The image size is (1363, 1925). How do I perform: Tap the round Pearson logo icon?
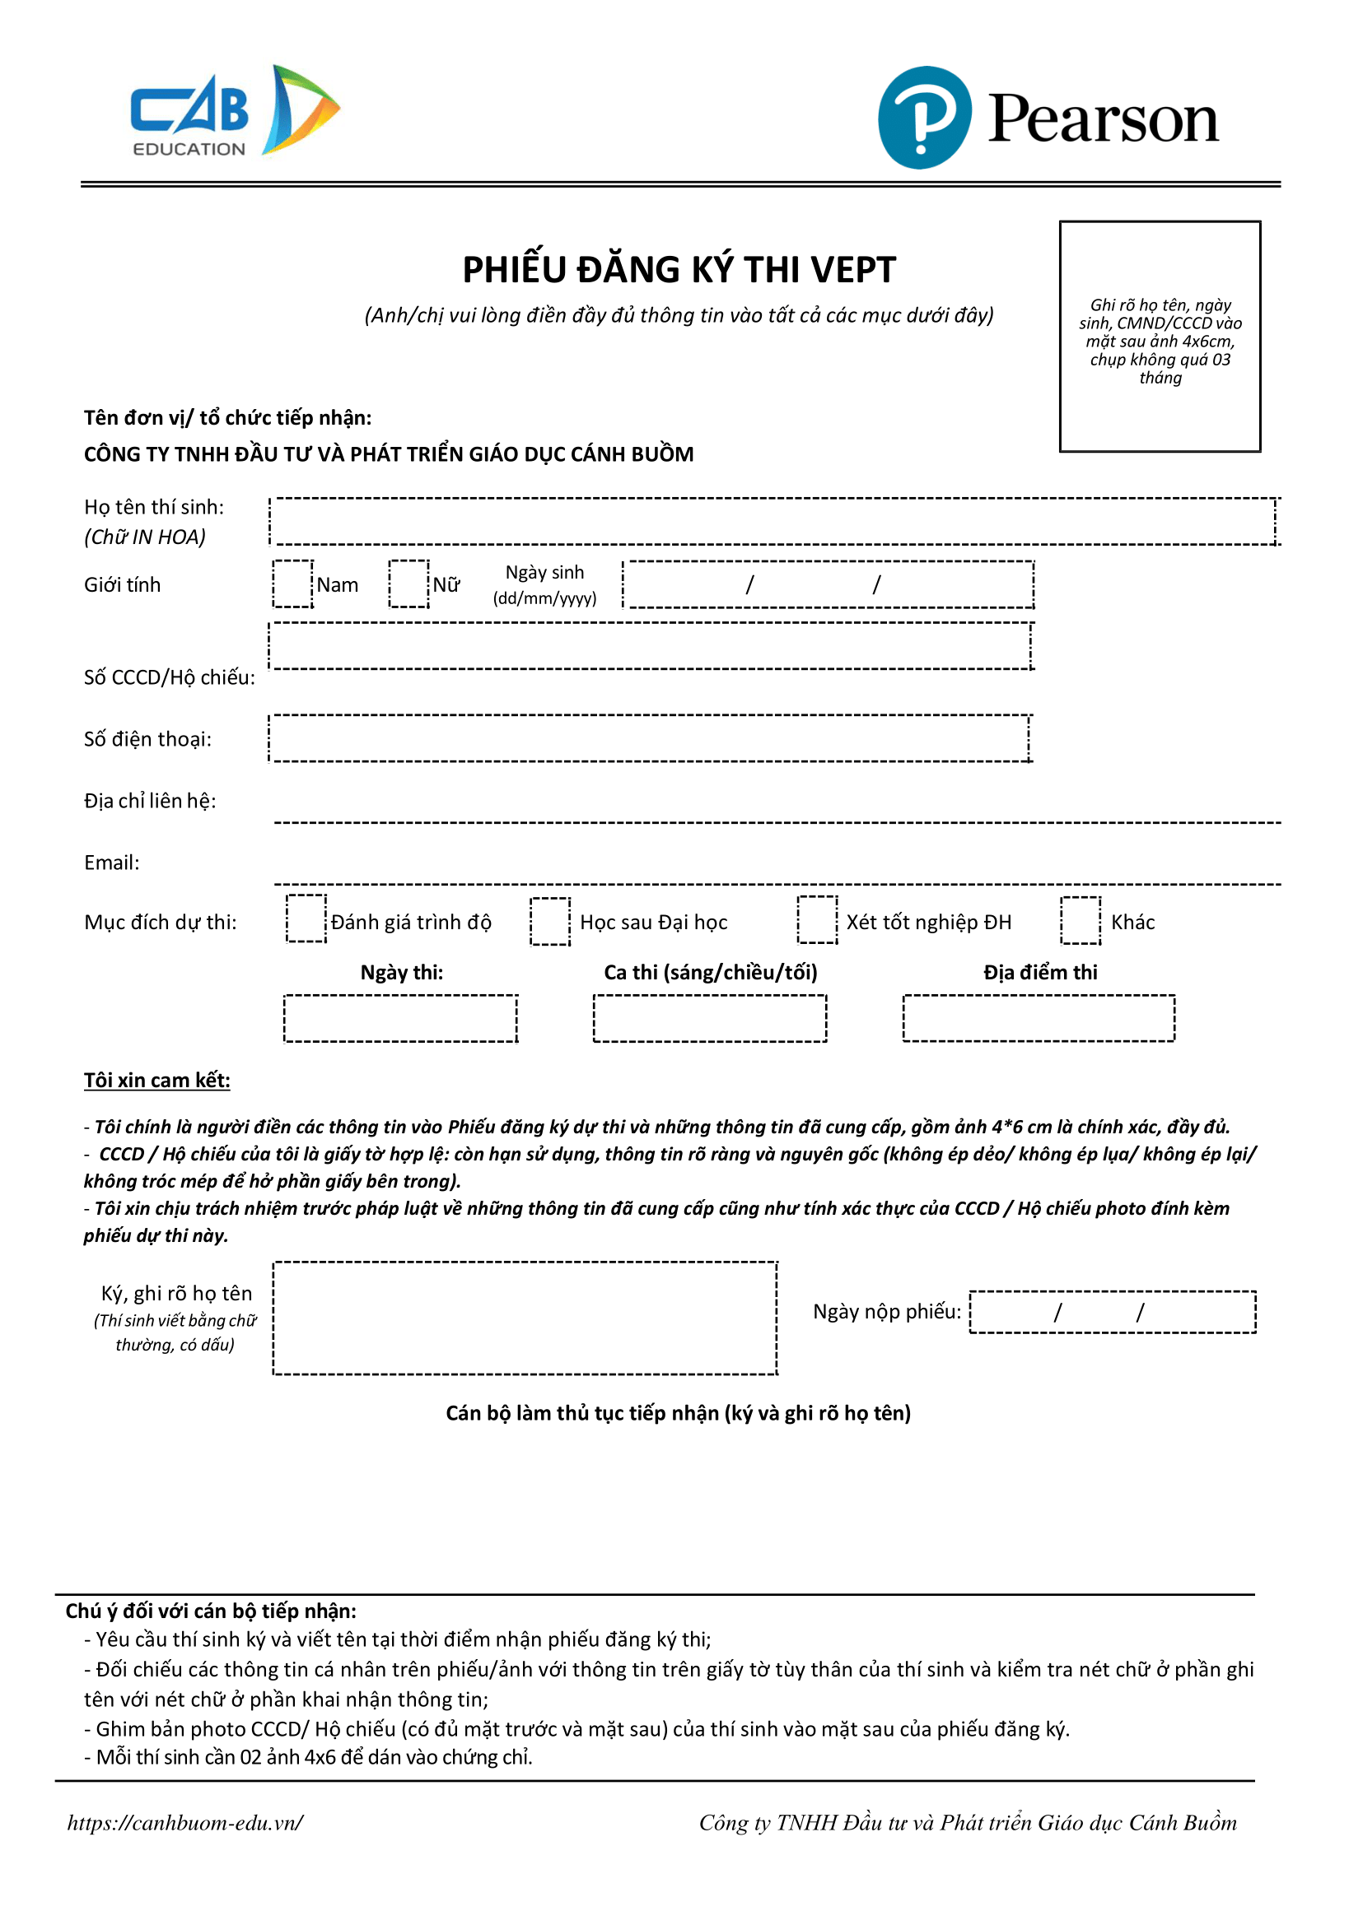[x=924, y=118]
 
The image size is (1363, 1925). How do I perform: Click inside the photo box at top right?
[x=1159, y=337]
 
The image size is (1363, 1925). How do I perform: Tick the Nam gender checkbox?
[x=293, y=584]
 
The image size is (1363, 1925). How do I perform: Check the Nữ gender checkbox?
[x=408, y=584]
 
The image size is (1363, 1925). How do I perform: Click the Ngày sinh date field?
[x=829, y=584]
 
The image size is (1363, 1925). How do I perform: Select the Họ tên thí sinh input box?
[x=773, y=521]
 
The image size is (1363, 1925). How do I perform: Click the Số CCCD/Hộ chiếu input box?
[x=651, y=646]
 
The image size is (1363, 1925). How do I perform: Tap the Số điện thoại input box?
[x=649, y=738]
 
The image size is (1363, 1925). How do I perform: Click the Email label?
[x=112, y=863]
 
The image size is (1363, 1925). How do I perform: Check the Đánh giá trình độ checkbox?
[x=306, y=919]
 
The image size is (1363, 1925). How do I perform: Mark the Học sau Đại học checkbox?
[x=550, y=921]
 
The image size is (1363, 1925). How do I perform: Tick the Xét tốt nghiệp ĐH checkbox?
[x=817, y=920]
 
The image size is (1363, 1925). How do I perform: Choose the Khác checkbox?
[x=1081, y=920]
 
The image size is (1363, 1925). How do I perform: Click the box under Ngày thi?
[x=400, y=1018]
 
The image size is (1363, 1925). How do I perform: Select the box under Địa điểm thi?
[x=1039, y=1018]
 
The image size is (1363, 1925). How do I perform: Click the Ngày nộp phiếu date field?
[x=1112, y=1311]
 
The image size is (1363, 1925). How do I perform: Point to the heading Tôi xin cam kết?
[x=157, y=1081]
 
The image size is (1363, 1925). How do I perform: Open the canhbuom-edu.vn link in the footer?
[x=184, y=1822]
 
